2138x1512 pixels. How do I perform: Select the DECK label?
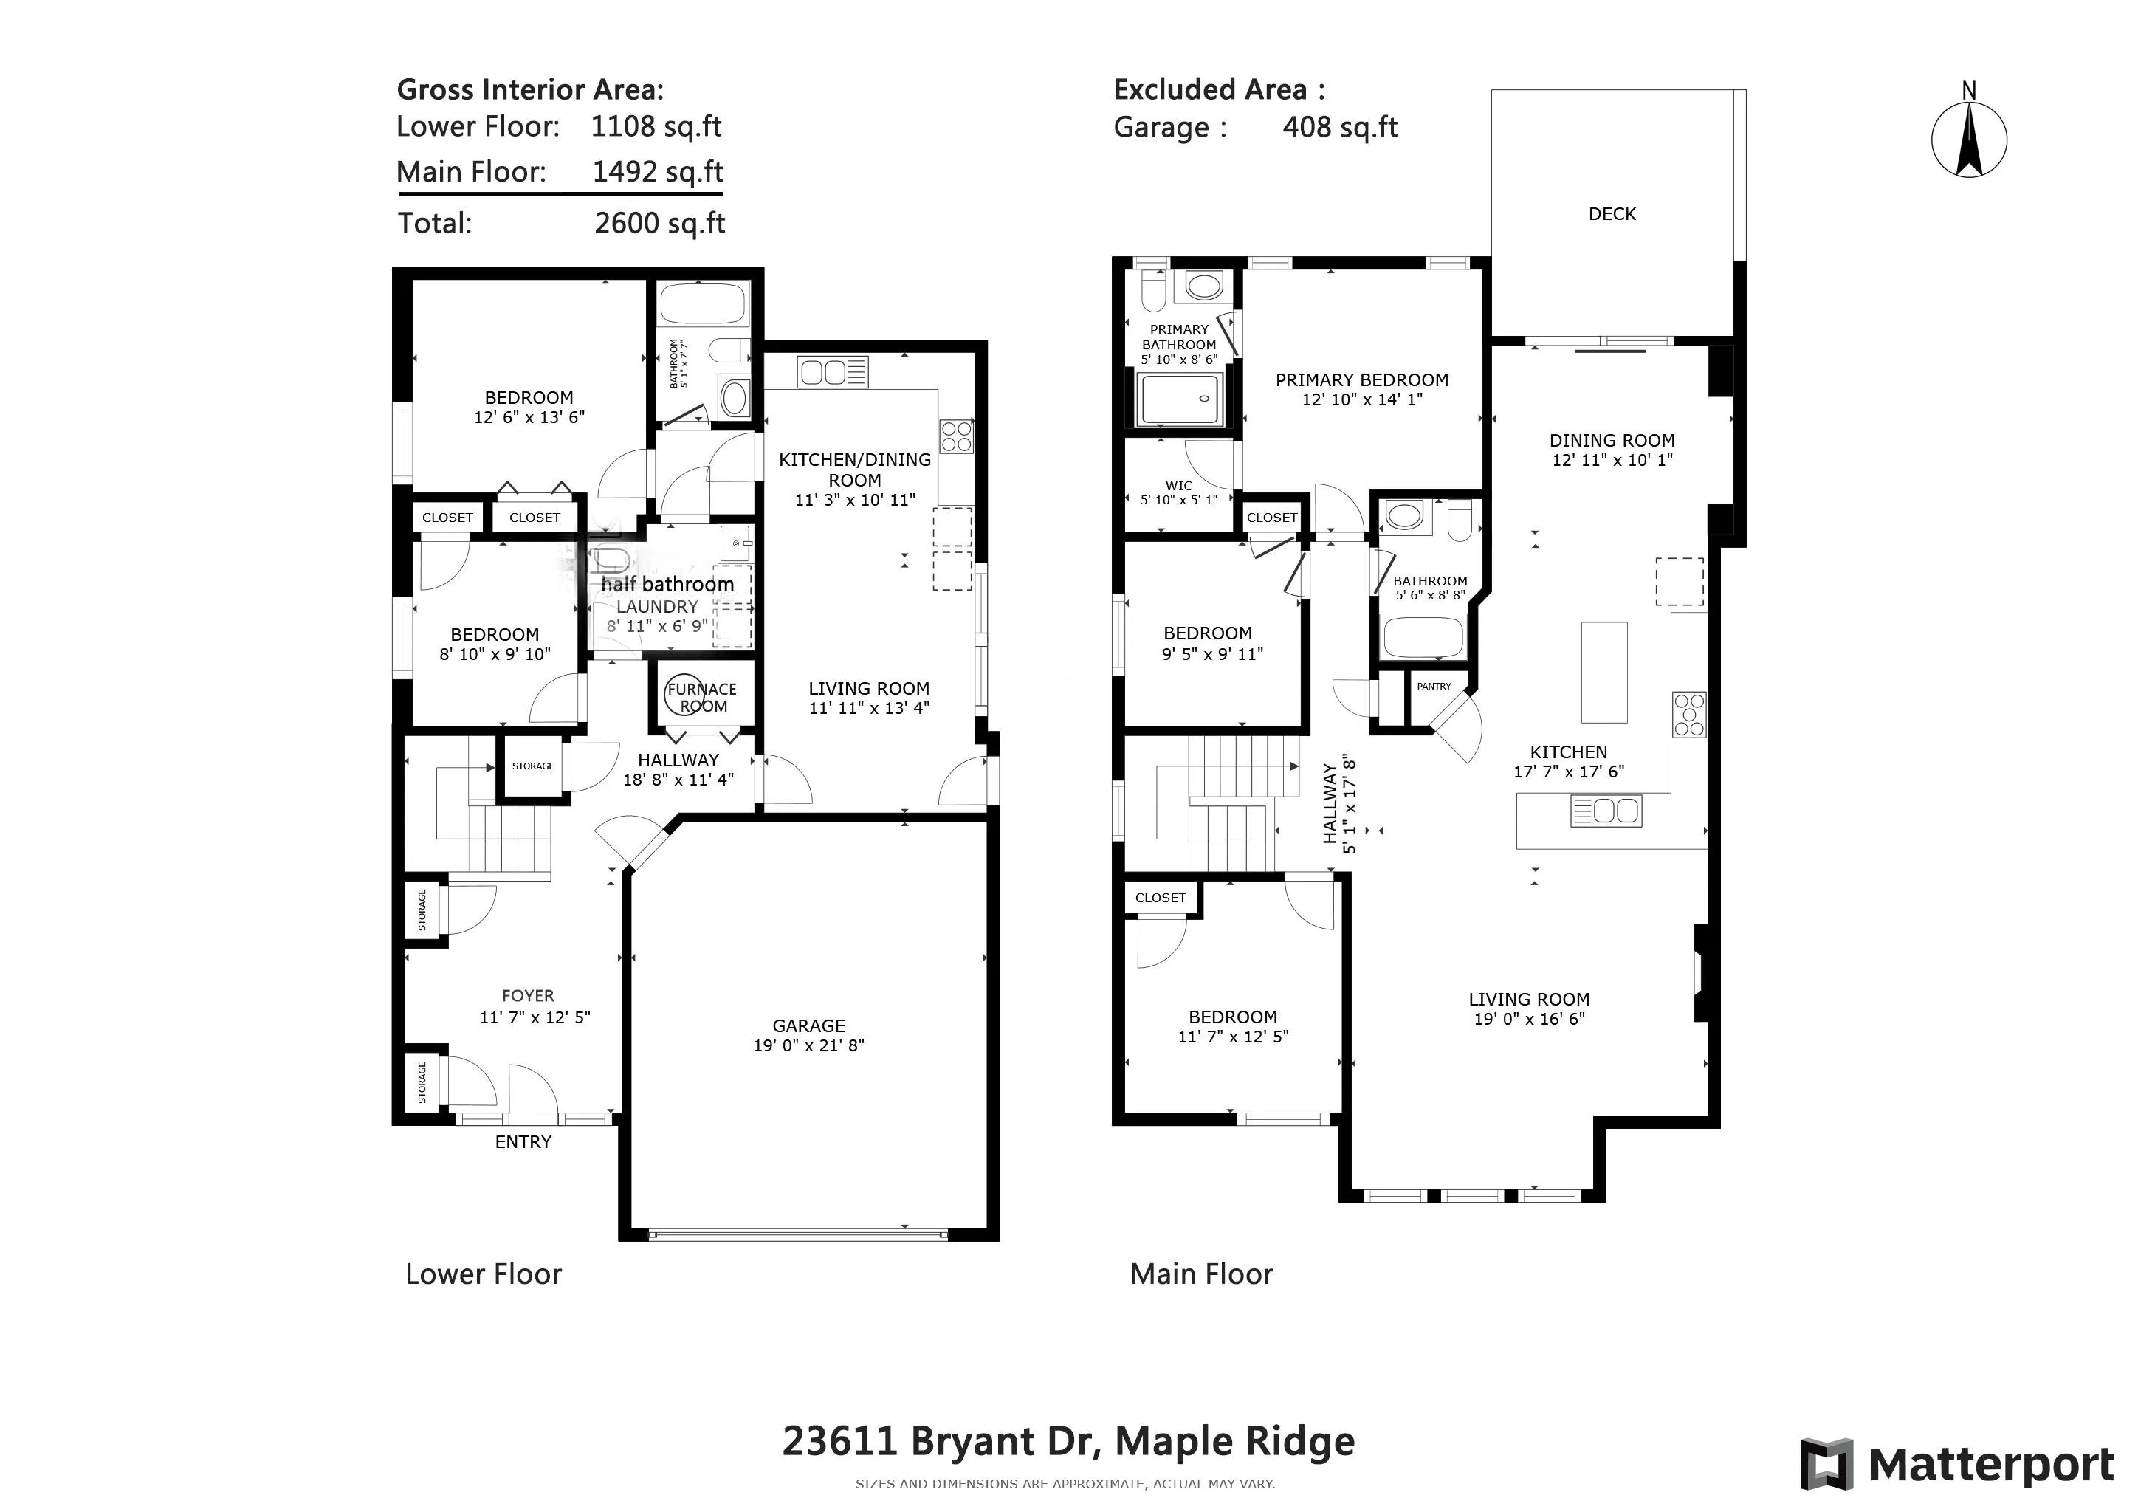[1612, 214]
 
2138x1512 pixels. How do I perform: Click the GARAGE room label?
[808, 1025]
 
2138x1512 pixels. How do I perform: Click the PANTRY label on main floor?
[1434, 686]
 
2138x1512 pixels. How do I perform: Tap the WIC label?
[1179, 485]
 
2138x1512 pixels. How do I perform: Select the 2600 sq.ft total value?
[659, 224]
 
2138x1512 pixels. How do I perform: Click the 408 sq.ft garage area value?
[1340, 128]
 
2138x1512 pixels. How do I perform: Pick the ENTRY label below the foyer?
[523, 1141]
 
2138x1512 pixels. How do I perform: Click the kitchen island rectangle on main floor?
[1604, 673]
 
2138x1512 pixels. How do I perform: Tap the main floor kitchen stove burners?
[1689, 715]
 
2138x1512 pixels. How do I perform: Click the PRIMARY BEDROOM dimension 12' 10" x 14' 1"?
[1361, 399]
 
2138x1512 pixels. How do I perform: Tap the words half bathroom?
[667, 585]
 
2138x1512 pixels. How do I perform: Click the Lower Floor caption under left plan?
[484, 1274]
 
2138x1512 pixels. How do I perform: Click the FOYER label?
[528, 995]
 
